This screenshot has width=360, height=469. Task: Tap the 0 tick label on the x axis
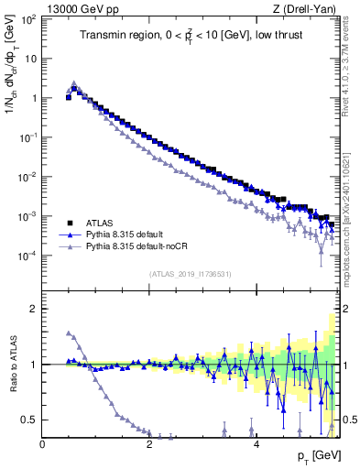point(43,444)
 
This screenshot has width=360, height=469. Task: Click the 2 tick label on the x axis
point(149,444)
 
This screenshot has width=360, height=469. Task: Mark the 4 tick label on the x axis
point(256,444)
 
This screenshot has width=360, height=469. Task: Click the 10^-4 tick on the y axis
point(27,256)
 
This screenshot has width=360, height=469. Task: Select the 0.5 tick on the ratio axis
point(28,420)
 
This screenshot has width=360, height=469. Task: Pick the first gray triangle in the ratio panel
point(69,333)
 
